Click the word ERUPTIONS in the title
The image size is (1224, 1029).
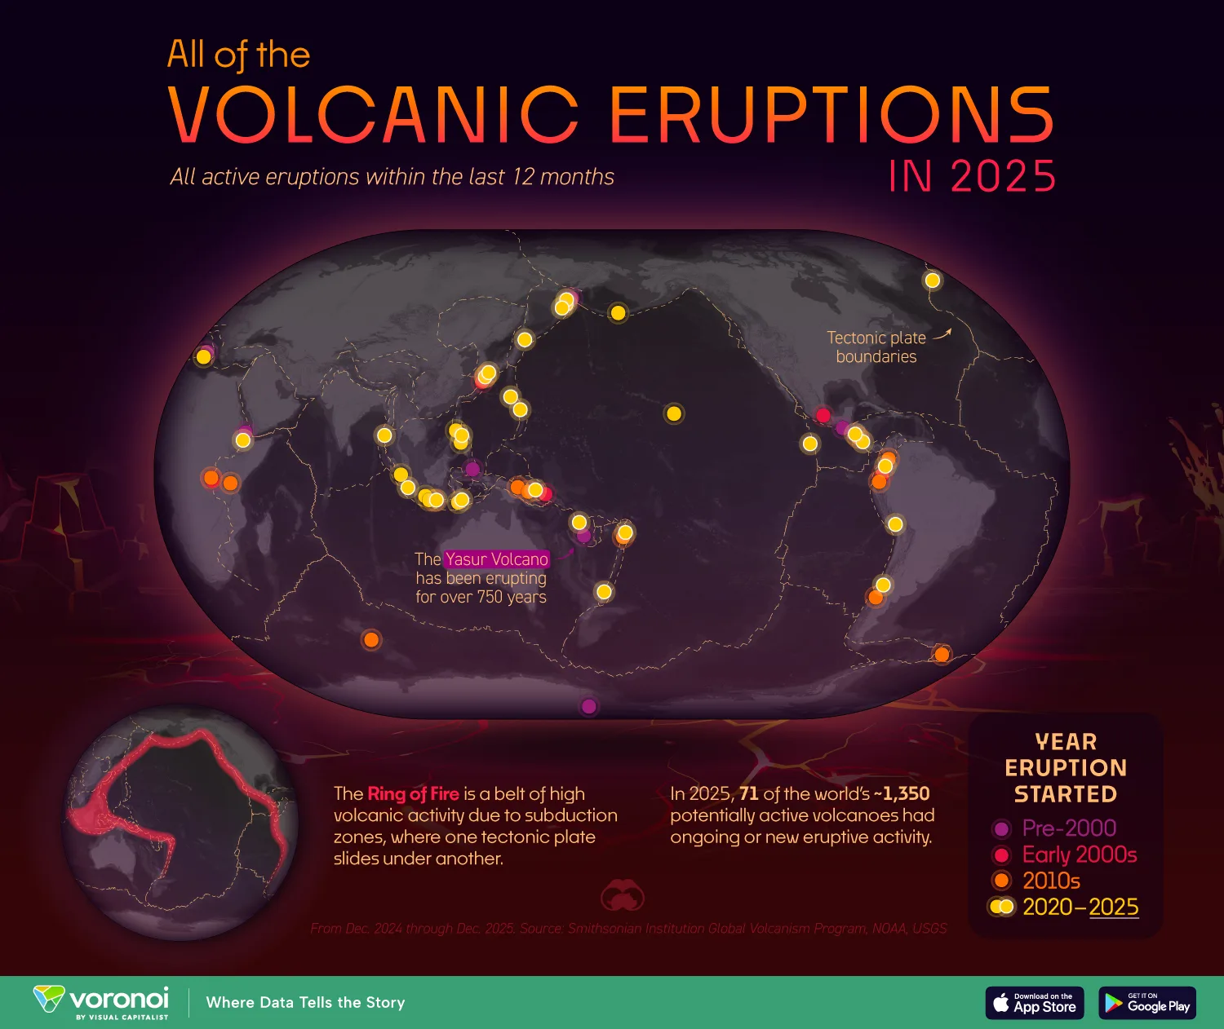[832, 115]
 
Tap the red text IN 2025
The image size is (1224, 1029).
[972, 175]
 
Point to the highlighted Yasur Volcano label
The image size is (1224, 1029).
[496, 559]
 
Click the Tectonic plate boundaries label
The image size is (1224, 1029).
[876, 347]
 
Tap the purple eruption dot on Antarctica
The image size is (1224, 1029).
[588, 707]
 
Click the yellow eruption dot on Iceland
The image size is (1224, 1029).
[932, 280]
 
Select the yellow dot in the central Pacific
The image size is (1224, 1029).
[674, 414]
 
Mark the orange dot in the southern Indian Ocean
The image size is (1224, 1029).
[371, 639]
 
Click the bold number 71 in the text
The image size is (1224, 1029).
[748, 794]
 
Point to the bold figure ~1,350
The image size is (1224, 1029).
[902, 794]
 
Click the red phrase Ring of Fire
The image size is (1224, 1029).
[413, 794]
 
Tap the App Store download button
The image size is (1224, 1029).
[1035, 1003]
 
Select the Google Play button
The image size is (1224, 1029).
[1147, 1003]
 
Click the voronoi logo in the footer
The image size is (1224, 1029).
[101, 1003]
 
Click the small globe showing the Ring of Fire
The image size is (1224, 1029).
[180, 823]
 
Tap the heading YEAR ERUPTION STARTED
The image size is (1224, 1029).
[1066, 768]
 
